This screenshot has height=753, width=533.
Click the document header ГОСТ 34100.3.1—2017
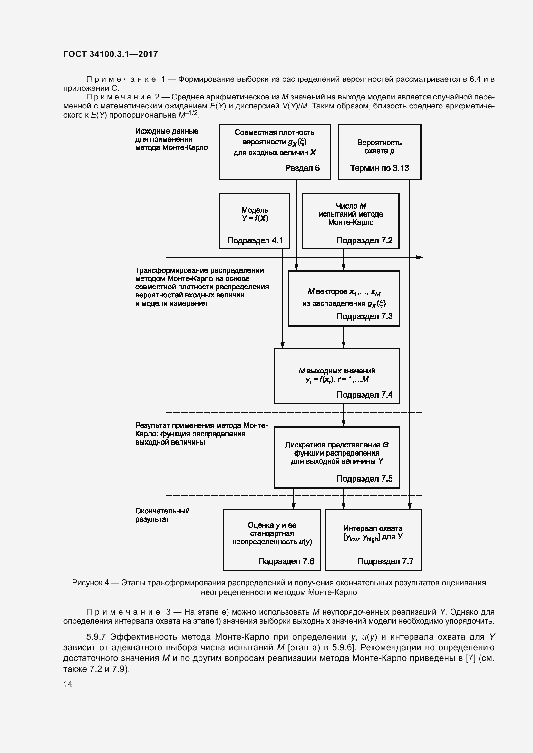point(111,54)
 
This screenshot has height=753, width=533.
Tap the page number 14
point(68,684)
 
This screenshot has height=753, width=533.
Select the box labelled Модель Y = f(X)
point(255,221)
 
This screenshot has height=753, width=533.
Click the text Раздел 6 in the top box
point(302,168)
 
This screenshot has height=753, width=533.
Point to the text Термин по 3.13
point(379,168)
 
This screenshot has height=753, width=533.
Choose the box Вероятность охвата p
point(379,152)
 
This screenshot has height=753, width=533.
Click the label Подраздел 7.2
point(365,240)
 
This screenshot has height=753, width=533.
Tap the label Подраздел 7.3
point(365,316)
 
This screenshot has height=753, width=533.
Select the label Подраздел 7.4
point(365,395)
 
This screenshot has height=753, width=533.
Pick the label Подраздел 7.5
point(365,479)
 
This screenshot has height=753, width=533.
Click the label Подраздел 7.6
point(286,561)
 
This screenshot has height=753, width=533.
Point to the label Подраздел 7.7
point(385,561)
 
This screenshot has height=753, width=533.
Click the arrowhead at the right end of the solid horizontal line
point(420,258)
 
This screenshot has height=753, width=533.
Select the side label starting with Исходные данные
point(172,139)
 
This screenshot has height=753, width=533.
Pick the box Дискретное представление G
point(337,457)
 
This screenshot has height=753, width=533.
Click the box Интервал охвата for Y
point(373,540)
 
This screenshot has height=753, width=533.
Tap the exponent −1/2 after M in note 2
point(192,113)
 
